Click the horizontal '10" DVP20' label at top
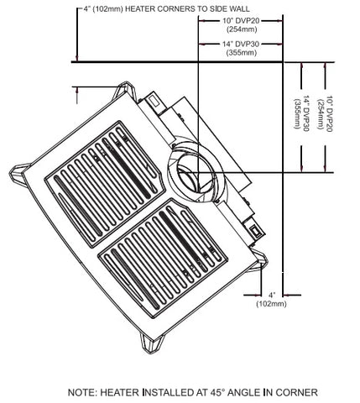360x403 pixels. coord(241,20)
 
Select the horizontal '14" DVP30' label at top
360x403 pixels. coord(241,44)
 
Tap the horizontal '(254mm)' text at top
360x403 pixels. coord(242,29)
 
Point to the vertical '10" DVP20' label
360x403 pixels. coord(329,114)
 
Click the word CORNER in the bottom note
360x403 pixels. coord(299,392)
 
